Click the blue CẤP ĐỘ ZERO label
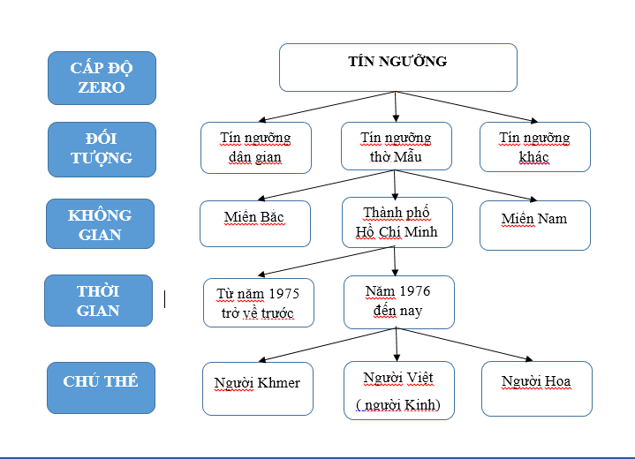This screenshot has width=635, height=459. [x=102, y=78]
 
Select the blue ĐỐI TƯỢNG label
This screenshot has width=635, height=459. [x=102, y=149]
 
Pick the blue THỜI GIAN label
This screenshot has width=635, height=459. [x=98, y=301]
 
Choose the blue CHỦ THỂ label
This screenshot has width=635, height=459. [x=101, y=382]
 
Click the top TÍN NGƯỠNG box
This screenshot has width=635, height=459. [x=397, y=67]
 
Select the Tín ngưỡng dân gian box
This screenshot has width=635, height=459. [x=255, y=147]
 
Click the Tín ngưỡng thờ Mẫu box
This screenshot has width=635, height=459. [x=396, y=147]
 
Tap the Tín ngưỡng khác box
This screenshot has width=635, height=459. [x=534, y=147]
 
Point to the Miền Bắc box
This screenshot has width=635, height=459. [x=255, y=223]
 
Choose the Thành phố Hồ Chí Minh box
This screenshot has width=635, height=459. [x=397, y=222]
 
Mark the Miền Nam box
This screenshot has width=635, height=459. [x=534, y=224]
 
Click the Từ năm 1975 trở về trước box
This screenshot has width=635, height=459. [x=258, y=303]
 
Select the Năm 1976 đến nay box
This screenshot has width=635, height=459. [x=398, y=301]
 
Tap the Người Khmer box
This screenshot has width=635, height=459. [x=257, y=388]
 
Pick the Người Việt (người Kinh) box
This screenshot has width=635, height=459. [x=398, y=390]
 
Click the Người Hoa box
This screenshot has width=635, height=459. [x=536, y=388]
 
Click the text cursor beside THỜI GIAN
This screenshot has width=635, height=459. [x=165, y=300]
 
